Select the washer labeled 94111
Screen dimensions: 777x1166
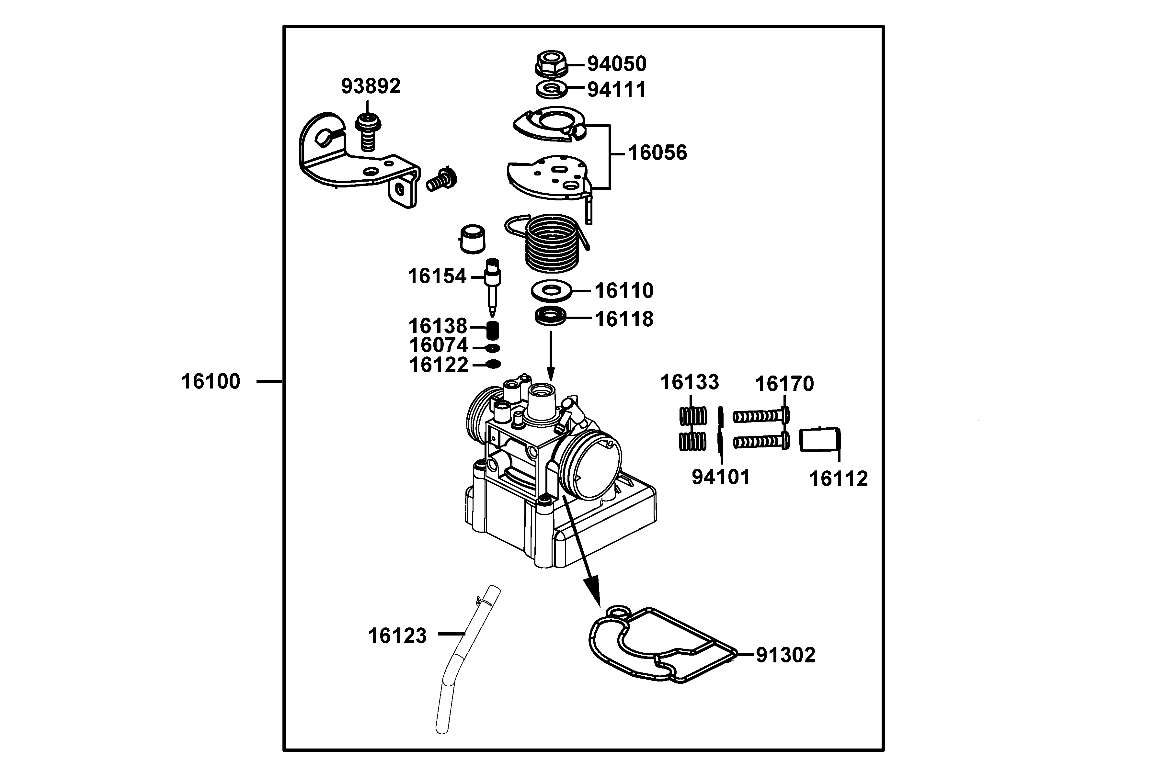click(x=551, y=90)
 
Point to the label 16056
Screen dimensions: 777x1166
click(x=657, y=152)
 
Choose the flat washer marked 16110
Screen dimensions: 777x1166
click(x=551, y=290)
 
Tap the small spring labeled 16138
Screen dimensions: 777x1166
click(x=492, y=329)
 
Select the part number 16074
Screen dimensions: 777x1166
click(x=438, y=345)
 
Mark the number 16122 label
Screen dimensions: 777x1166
click(x=438, y=365)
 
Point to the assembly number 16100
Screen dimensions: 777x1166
click(x=211, y=382)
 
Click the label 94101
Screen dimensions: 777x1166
click(x=721, y=477)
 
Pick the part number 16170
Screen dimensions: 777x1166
click(x=784, y=384)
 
